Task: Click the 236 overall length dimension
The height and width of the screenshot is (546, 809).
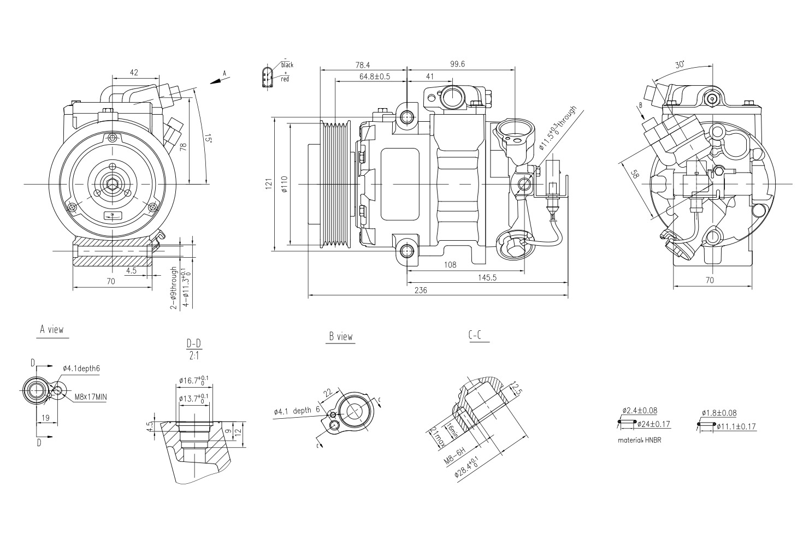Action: pos(420,290)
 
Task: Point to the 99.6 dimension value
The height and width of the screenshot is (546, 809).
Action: pos(457,64)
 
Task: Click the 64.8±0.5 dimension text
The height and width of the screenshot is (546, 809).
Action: pos(374,76)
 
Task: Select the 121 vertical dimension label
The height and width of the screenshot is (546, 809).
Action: pos(269,185)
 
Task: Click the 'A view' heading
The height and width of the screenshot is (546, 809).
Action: pos(52,330)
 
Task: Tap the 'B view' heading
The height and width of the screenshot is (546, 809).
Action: pos(341,337)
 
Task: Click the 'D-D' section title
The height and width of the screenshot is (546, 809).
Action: pos(194,343)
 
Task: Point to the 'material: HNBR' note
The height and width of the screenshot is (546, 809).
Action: pos(640,440)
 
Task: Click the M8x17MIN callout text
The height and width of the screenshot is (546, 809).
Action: pos(90,397)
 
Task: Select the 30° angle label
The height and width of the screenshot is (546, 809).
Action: pos(680,65)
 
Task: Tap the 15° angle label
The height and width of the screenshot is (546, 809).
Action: pos(207,139)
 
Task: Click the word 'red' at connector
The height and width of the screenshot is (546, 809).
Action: pos(285,80)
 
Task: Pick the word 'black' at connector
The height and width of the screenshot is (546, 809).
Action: pos(287,65)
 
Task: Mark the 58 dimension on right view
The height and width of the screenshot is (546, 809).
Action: pos(634,174)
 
